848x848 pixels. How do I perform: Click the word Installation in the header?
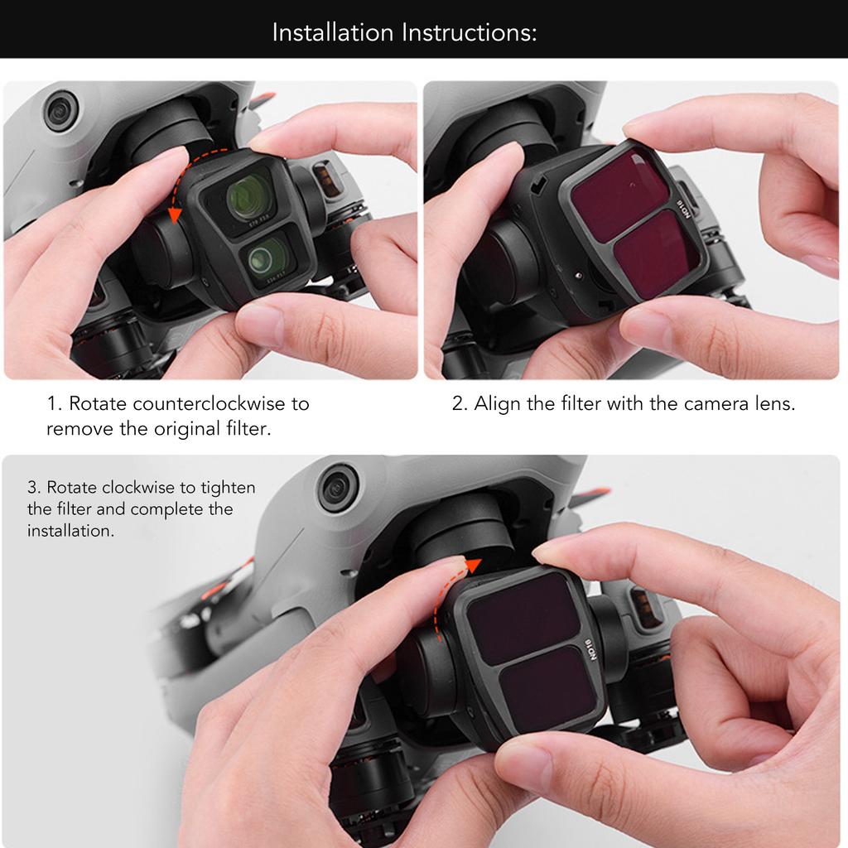(333, 32)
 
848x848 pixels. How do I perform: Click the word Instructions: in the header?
(470, 32)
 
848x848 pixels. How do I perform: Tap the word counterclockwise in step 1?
(210, 403)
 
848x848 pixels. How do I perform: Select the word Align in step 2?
(498, 404)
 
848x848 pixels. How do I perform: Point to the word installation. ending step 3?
(70, 531)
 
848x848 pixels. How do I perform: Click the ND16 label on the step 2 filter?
(684, 209)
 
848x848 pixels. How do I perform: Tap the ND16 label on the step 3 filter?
(590, 649)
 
